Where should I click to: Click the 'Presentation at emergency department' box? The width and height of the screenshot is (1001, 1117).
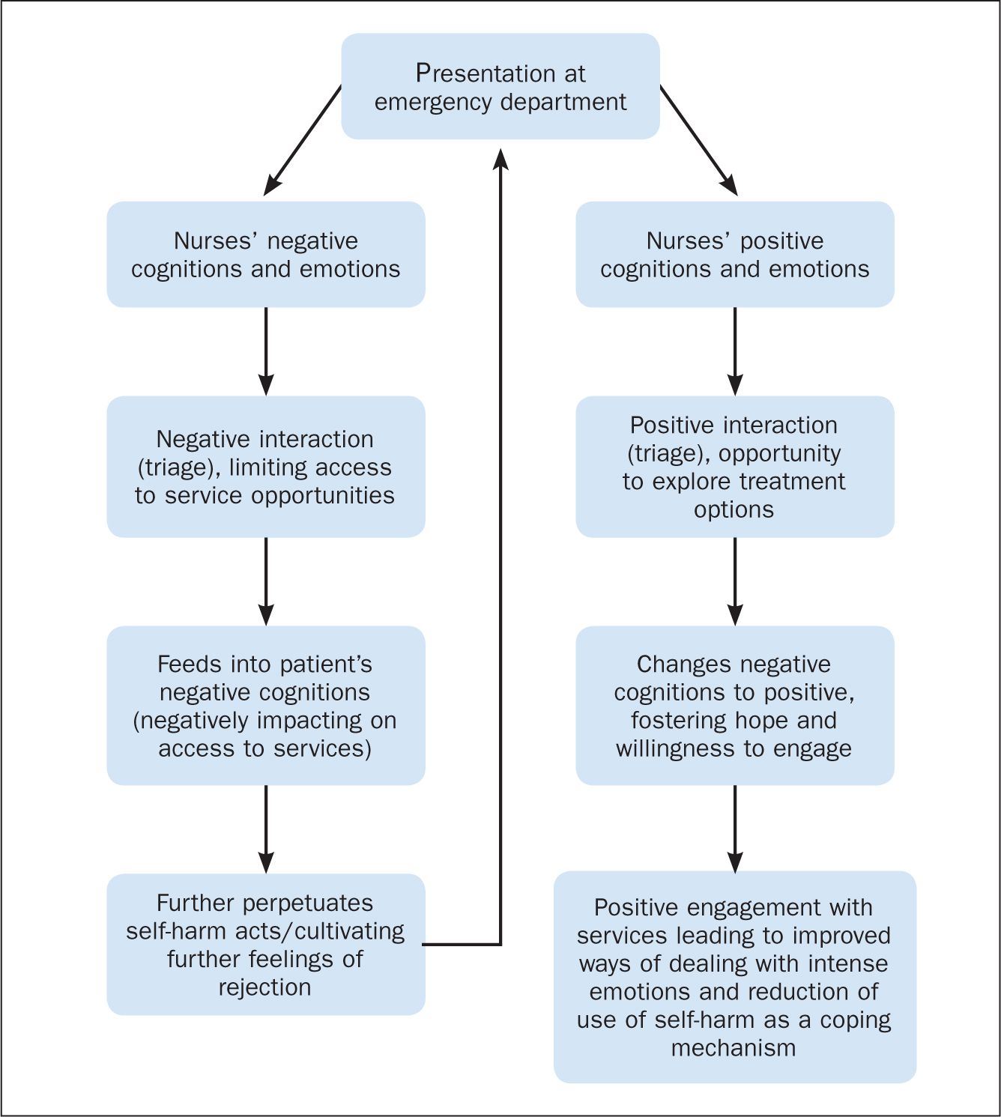pos(500,86)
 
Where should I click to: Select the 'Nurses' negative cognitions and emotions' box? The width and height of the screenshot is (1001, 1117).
pos(266,254)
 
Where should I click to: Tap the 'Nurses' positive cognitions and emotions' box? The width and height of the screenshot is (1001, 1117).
pos(734,254)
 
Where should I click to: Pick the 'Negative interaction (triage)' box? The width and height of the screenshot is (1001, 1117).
pos(266,467)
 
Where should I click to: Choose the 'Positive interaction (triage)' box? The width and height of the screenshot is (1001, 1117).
pos(734,467)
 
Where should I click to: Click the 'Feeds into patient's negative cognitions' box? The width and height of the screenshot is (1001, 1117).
pos(266,705)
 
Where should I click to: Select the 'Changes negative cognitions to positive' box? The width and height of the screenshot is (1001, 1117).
pos(734,705)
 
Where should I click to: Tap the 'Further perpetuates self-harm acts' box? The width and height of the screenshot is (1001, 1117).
pos(266,945)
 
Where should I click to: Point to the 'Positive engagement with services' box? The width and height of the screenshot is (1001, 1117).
pos(734,977)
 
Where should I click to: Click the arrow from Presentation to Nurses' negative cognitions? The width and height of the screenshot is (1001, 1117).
pos(302,141)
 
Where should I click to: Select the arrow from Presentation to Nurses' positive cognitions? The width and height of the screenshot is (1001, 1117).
pos(699,141)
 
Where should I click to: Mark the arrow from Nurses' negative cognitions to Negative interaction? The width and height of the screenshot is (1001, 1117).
pos(266,351)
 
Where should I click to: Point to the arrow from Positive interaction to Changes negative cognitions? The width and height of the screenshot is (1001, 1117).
pos(734,581)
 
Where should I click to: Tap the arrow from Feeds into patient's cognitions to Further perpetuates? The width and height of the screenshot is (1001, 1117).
pos(266,829)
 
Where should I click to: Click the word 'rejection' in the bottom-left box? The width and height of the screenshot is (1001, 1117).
pos(264,987)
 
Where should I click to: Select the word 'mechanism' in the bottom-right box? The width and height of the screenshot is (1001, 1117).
pos(734,1047)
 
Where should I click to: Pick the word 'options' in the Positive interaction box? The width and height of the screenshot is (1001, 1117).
pos(734,510)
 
